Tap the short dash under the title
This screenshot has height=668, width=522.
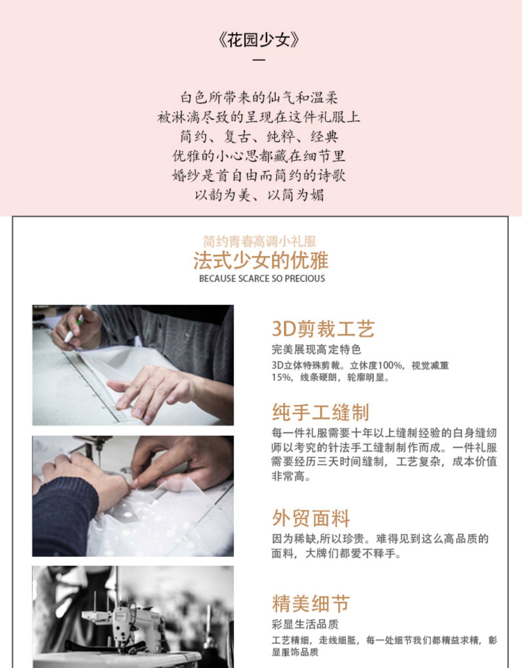tap(259, 59)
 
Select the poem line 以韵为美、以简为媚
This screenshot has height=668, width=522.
tap(259, 195)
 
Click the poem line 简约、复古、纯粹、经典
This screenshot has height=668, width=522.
tap(259, 136)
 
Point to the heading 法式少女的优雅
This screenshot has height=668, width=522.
tap(261, 261)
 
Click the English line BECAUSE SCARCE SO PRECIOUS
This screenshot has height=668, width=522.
tap(262, 279)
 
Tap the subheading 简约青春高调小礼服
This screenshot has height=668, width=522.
tap(260, 241)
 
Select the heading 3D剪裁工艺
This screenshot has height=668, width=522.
tap(323, 329)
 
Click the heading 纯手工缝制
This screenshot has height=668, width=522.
tap(320, 412)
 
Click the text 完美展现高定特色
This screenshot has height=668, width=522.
tap(316, 349)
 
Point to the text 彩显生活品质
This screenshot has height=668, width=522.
tap(305, 624)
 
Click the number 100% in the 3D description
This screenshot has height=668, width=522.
tap(390, 366)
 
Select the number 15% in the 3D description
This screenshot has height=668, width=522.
tap(281, 377)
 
